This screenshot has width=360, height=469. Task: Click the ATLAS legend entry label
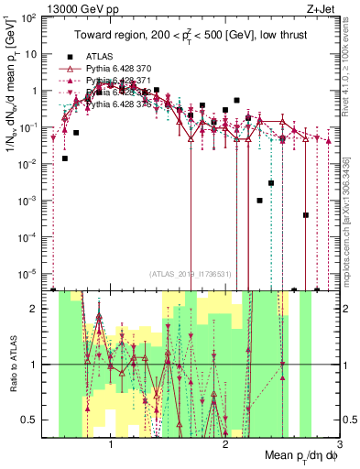99,57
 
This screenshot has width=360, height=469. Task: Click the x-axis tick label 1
111,444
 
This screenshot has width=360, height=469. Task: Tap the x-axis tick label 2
225,444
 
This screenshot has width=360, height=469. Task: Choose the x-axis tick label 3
338,444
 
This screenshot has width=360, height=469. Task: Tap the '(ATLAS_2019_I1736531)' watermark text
189,274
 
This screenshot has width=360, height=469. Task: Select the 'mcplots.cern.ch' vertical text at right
352,211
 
